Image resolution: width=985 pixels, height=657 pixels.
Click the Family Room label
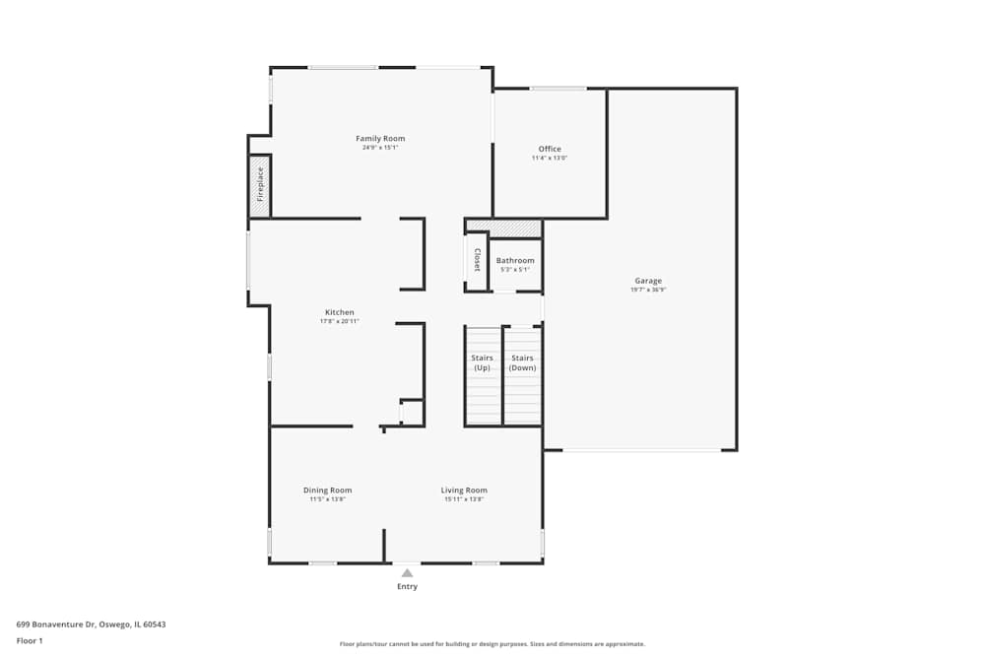pos(380,139)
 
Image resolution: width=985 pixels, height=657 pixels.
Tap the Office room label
pos(550,150)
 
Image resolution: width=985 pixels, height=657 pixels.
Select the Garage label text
pos(648,281)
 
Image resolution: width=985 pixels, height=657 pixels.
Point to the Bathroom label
pos(515,261)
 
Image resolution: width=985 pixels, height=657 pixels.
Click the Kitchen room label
pos(339,312)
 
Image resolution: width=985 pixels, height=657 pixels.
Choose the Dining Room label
pos(327,491)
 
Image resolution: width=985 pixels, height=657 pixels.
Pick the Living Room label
pos(464,491)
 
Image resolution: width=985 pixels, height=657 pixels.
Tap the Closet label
pos(477,260)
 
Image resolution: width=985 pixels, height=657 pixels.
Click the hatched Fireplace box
pos(260,184)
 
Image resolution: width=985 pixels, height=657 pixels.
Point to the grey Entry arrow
pos(407,572)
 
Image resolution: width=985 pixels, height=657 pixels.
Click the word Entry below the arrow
pos(407,587)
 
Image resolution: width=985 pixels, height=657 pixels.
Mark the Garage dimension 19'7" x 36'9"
pos(648,290)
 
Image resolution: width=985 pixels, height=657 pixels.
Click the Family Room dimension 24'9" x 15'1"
pos(380,148)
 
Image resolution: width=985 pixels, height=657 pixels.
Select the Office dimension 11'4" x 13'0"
pos(550,159)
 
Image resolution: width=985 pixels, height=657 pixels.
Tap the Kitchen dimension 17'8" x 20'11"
pos(339,321)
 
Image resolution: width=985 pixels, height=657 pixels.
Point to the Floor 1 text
pos(30,640)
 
